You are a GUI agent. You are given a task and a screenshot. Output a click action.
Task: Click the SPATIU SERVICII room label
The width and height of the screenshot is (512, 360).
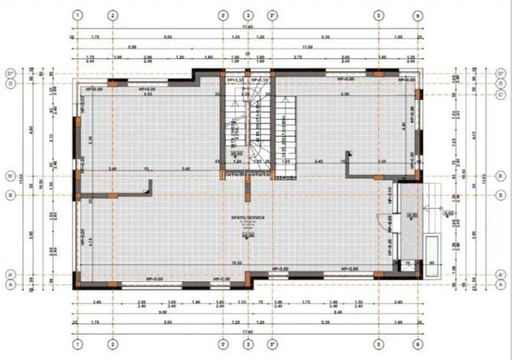click(248, 218)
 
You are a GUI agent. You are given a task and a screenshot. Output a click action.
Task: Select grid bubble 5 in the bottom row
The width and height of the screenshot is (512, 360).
click(378, 343)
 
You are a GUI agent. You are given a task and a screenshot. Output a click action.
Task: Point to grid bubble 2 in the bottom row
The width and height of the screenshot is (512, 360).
click(112, 343)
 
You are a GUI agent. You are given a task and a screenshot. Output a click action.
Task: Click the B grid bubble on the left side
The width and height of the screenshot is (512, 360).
click(10, 195)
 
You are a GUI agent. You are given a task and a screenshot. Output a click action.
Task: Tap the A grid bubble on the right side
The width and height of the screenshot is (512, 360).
click(499, 285)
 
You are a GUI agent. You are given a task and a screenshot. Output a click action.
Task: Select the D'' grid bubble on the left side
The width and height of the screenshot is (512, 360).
click(10, 74)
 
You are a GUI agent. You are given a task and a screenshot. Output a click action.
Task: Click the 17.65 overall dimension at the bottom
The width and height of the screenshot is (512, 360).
click(247, 332)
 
